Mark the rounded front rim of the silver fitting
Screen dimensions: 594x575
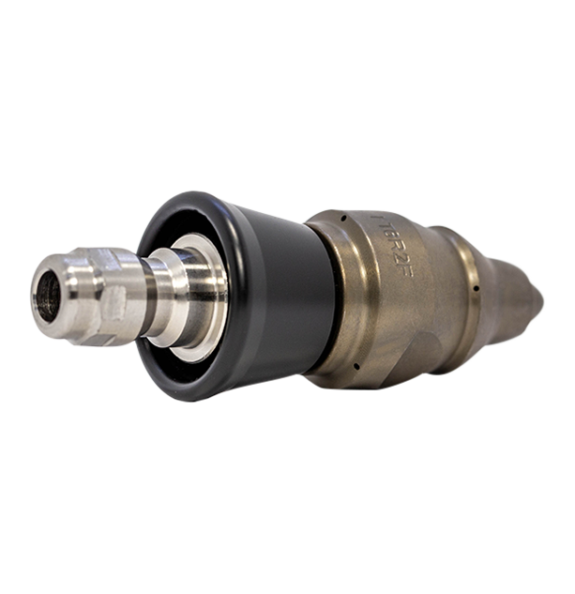(38, 282)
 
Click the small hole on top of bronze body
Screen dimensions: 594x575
(344, 218)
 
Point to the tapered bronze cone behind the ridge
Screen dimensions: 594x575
(507, 296)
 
